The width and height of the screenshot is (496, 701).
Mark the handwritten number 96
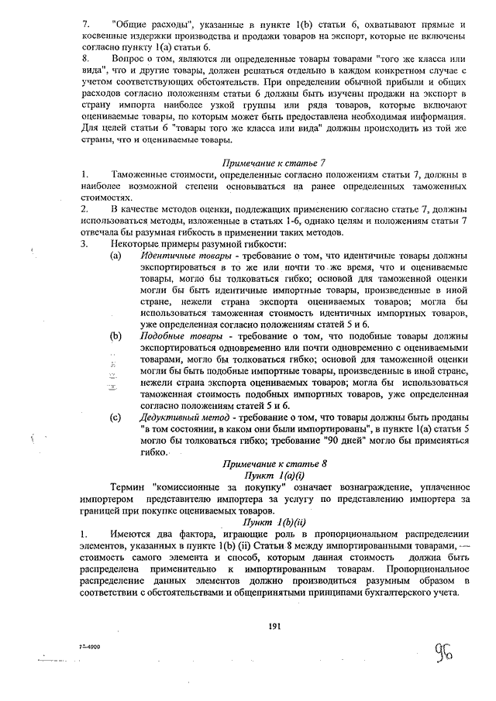click(x=443, y=648)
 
